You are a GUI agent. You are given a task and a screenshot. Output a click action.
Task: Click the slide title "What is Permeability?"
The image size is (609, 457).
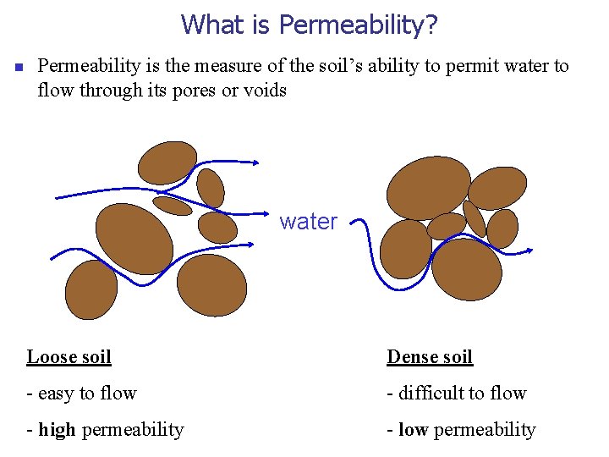[x=309, y=24]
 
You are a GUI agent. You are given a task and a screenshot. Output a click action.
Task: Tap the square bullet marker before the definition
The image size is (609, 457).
[x=18, y=67]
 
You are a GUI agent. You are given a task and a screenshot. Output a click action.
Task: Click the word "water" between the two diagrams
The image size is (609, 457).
[x=308, y=222]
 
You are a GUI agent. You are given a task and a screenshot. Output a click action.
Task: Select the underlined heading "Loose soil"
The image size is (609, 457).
[x=69, y=356]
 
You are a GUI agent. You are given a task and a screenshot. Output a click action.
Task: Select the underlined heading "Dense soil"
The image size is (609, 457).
[x=430, y=356]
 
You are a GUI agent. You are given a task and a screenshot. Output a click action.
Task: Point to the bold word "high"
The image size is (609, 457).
[x=57, y=429]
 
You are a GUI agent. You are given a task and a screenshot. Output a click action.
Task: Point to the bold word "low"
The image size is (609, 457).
[x=413, y=429]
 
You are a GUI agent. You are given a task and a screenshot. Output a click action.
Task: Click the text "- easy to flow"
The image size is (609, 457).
[x=81, y=393]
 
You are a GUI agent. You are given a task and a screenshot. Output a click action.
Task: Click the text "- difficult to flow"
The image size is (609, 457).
[x=457, y=393]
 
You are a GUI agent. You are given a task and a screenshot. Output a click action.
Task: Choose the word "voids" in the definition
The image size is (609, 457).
[x=265, y=89]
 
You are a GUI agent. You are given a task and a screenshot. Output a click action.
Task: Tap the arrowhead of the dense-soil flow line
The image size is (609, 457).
[x=529, y=251]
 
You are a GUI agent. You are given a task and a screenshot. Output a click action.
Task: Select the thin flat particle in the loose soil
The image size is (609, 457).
[x=173, y=206]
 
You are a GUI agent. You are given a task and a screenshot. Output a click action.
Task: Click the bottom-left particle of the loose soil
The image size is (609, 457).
[x=91, y=289]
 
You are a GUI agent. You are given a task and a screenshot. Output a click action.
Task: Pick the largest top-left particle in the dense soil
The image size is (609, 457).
[x=427, y=187]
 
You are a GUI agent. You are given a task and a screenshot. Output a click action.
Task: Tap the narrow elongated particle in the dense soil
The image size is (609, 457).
[x=475, y=218]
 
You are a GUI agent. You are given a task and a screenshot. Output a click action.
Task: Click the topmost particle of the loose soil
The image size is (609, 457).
[x=167, y=162]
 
